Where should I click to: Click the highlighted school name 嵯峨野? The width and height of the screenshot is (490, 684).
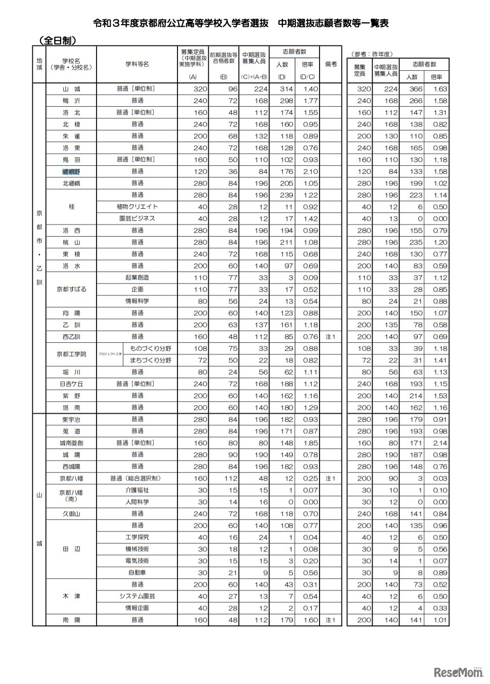pos(71,171)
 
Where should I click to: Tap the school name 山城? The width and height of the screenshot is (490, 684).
pos(71,89)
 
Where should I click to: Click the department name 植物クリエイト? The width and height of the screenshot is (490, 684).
pos(137,207)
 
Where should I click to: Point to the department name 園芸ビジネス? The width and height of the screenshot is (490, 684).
pos(137,218)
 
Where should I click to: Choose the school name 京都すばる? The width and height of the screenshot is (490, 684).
pos(71,289)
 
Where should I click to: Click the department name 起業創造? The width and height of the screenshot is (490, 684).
pos(137,278)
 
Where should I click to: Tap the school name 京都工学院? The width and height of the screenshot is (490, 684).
pos(71,354)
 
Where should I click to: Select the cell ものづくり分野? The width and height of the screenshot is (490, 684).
pos(150,348)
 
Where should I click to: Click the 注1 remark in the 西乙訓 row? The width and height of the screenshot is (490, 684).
pos(331,337)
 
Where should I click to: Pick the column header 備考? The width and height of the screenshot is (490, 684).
pos(331,64)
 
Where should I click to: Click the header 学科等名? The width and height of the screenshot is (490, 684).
pos(137,64)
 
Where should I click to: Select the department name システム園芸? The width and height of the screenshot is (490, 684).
pos(137,596)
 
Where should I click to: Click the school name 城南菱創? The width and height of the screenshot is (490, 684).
pos(71,443)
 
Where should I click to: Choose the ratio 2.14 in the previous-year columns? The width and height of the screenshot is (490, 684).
pos(439,443)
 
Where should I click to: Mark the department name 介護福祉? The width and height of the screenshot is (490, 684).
pos(137,490)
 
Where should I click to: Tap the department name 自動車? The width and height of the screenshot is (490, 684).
pos(137,573)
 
